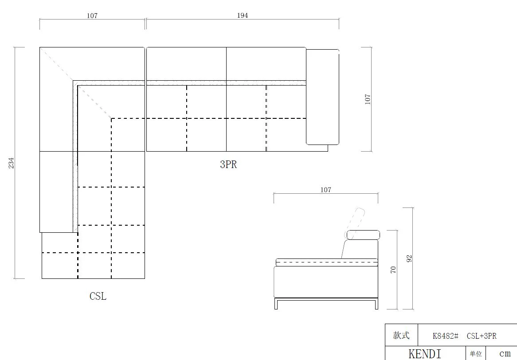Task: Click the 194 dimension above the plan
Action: [243, 16]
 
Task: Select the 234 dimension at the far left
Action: [11, 163]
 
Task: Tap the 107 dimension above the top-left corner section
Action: [92, 16]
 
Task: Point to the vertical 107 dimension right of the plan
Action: [368, 99]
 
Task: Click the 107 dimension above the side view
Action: [325, 190]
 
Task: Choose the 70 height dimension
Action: [393, 270]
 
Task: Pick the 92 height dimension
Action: [409, 258]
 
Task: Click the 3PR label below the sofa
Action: [228, 164]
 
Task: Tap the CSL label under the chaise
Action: [98, 296]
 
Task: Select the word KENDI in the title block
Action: [425, 354]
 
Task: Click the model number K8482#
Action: [446, 336]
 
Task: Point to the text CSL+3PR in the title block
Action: [482, 336]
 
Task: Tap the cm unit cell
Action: [505, 354]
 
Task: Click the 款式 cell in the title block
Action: [401, 335]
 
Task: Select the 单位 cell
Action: [475, 354]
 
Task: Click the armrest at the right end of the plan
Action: [322, 97]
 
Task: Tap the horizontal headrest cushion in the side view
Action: [363, 235]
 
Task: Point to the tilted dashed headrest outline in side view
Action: [356, 223]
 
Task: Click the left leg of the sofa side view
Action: [276, 304]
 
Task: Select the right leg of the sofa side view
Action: [376, 304]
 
